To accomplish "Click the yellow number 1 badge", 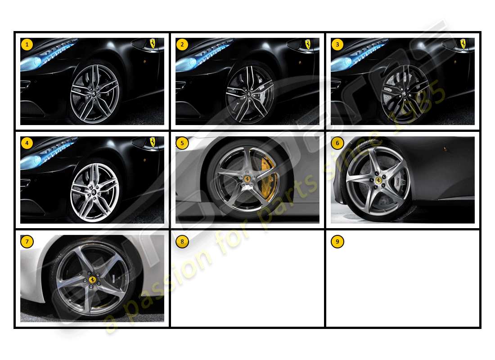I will tap(27, 45).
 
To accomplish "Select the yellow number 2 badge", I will tap(182, 45).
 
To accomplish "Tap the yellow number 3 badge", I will tap(337, 45).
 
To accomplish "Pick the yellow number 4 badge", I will tap(27, 143).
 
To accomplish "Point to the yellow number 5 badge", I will tap(182, 143).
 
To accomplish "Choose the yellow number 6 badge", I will tap(337, 143).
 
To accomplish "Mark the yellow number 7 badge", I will tap(27, 242).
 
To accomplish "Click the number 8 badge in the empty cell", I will tap(182, 242).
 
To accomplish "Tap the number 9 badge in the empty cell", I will tap(337, 242).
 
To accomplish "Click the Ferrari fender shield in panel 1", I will tap(153, 43).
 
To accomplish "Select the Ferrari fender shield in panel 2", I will tap(308, 44).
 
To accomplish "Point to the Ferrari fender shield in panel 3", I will tap(463, 43).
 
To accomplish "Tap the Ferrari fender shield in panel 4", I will tap(153, 142).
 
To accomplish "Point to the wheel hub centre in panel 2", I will tap(247, 95).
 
